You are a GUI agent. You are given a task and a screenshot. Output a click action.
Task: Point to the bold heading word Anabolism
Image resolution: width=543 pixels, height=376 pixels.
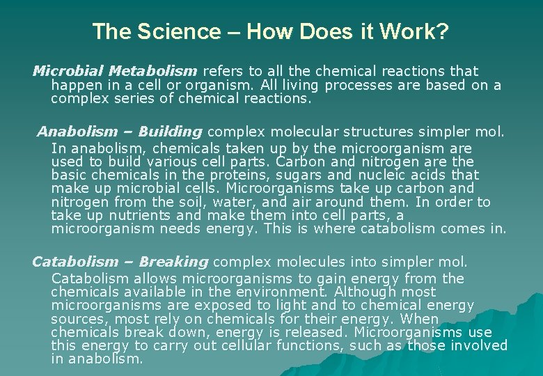click(x=77, y=132)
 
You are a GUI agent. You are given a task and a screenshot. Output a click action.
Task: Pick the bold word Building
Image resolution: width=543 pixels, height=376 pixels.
click(x=170, y=132)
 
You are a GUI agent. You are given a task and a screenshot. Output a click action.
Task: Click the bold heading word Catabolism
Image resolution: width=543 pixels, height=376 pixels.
click(x=75, y=262)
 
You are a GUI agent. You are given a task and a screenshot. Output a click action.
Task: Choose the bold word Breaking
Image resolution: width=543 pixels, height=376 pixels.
click(x=173, y=262)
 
